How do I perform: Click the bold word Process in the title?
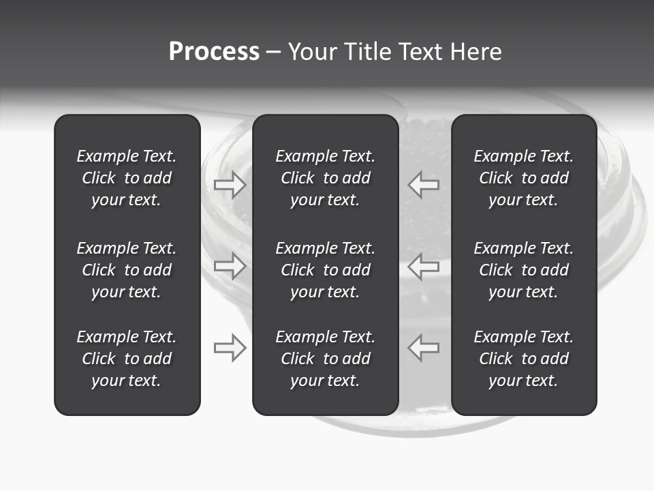[214, 52]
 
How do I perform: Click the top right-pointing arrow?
[230, 184]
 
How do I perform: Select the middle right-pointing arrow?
[230, 266]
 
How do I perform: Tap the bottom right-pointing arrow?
[230, 348]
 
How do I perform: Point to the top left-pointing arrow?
[423, 184]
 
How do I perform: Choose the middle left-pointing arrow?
[423, 266]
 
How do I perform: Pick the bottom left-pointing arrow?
[423, 348]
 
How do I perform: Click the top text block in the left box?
[127, 178]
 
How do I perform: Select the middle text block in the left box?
[127, 270]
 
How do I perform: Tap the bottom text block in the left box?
[127, 359]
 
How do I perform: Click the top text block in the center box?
[325, 178]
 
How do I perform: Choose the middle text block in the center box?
[325, 270]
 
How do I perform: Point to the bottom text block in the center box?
[325, 359]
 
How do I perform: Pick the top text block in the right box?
[523, 178]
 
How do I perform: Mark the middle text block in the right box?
[523, 270]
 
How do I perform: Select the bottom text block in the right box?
[523, 359]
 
